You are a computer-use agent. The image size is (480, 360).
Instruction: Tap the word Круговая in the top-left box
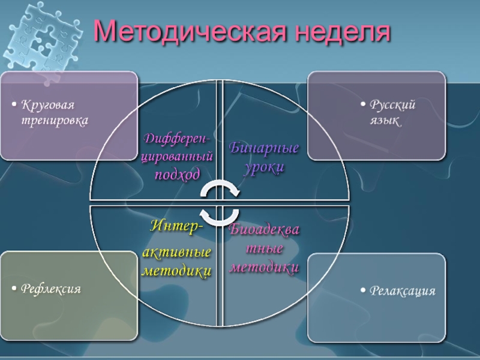[x=48, y=106]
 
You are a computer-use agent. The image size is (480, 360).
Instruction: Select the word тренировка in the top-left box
[x=55, y=121]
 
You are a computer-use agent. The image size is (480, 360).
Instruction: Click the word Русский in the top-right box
[x=392, y=106]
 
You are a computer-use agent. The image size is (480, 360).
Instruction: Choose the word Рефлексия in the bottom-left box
[x=51, y=289]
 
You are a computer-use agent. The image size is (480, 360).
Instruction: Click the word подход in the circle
[x=178, y=174]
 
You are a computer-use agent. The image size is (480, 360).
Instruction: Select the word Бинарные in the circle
[x=264, y=148]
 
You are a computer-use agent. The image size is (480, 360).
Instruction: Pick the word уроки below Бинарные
[x=263, y=167]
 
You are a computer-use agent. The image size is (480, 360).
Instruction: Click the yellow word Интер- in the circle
[x=176, y=227]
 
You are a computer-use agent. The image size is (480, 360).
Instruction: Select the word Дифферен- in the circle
[x=177, y=139]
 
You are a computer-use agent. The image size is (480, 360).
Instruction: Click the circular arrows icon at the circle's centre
[x=220, y=203]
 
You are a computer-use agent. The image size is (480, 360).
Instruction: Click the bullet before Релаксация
[x=363, y=292]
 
